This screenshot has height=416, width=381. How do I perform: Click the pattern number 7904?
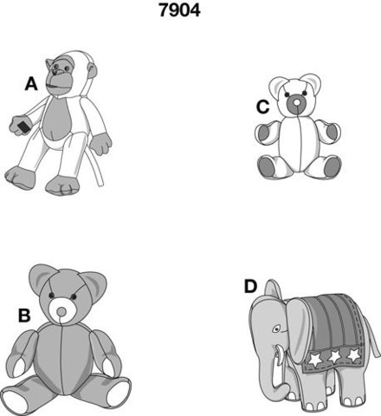tap(179, 10)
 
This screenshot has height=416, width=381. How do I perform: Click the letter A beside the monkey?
tap(31, 84)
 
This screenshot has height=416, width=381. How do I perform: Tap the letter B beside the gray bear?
tap(24, 315)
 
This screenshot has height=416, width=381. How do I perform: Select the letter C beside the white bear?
tap(262, 107)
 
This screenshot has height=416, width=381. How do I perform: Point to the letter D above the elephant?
tap(250, 286)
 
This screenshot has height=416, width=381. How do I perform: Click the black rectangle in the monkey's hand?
tap(23, 127)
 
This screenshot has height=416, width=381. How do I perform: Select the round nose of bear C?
tap(296, 102)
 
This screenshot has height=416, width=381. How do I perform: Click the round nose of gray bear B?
tap(61, 312)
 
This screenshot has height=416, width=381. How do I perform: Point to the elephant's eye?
tap(277, 328)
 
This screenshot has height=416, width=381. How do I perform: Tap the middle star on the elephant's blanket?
tap(334, 356)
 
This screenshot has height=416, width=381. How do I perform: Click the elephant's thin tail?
tap(372, 336)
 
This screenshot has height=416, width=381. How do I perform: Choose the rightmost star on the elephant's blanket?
tap(354, 354)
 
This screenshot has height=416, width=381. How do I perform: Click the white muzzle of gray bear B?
tap(62, 310)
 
